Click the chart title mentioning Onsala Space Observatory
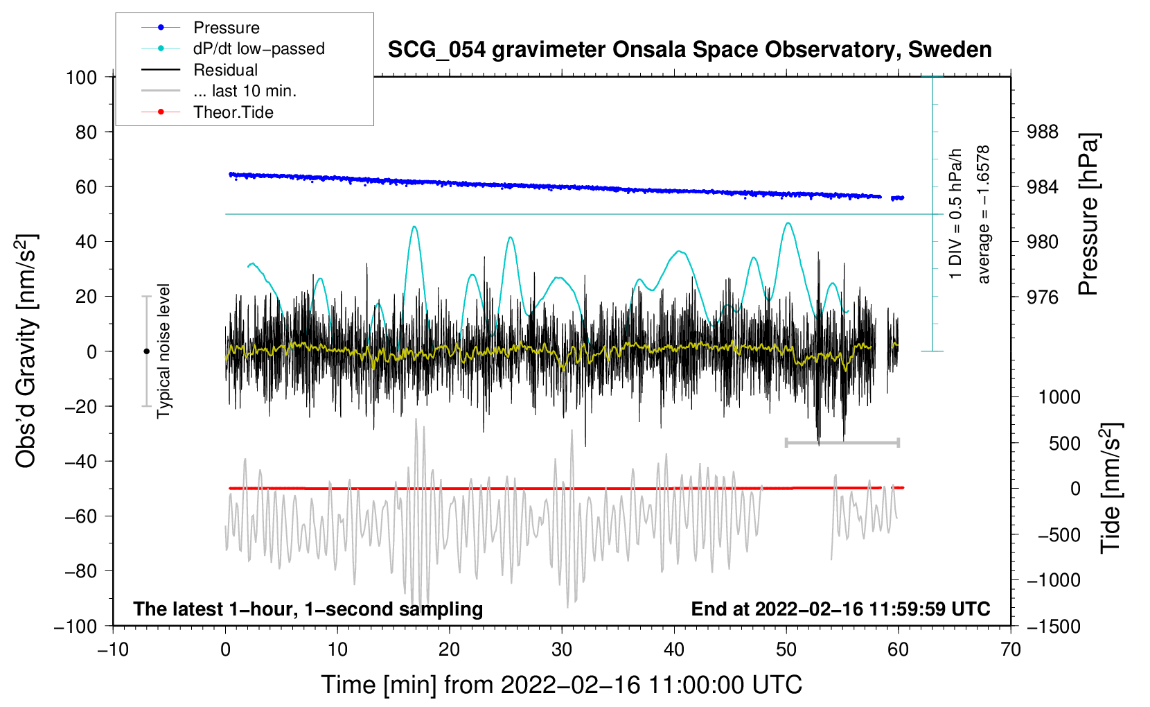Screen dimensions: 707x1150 coord(689,50)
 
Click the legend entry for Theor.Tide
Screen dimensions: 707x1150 coord(233,112)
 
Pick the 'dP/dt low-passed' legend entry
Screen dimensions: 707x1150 coord(258,49)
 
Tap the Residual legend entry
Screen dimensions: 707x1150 coord(225,70)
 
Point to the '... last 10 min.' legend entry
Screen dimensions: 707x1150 coord(244,91)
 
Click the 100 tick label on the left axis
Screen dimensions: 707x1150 coord(81,77)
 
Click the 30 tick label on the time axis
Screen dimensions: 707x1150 coord(562,649)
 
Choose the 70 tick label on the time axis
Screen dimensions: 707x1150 coord(1011,649)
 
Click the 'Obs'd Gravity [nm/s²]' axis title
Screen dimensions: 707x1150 coord(26,351)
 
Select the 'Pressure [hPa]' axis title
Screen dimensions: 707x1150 coord(1088,215)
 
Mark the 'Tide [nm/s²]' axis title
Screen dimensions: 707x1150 coord(1111,487)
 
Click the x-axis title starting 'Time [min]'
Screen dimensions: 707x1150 coord(562,685)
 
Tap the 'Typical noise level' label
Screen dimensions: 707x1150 coord(163,351)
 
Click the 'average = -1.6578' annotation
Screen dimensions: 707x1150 coord(984,215)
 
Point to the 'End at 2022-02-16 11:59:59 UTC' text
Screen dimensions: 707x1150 coord(840,609)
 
